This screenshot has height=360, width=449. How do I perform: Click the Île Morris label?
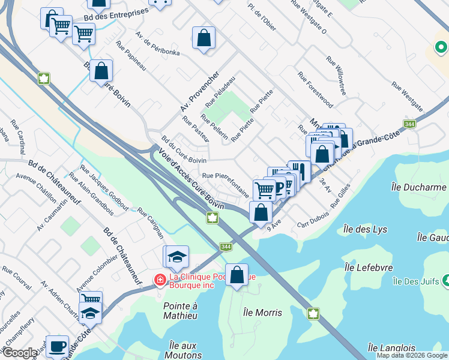[x=263, y=313]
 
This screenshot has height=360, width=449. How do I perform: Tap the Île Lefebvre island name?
[x=369, y=268]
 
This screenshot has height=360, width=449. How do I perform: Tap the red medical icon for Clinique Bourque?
[x=160, y=279]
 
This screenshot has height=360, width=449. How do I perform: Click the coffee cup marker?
[x=57, y=346]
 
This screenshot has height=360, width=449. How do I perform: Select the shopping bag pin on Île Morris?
[x=237, y=275]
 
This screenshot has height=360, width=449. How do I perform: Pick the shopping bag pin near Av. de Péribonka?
[x=204, y=38]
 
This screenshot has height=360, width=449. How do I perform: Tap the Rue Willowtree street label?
[x=336, y=76]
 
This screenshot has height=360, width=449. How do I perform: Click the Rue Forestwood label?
[x=315, y=91]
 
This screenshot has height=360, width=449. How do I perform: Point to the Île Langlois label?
[x=391, y=348]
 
